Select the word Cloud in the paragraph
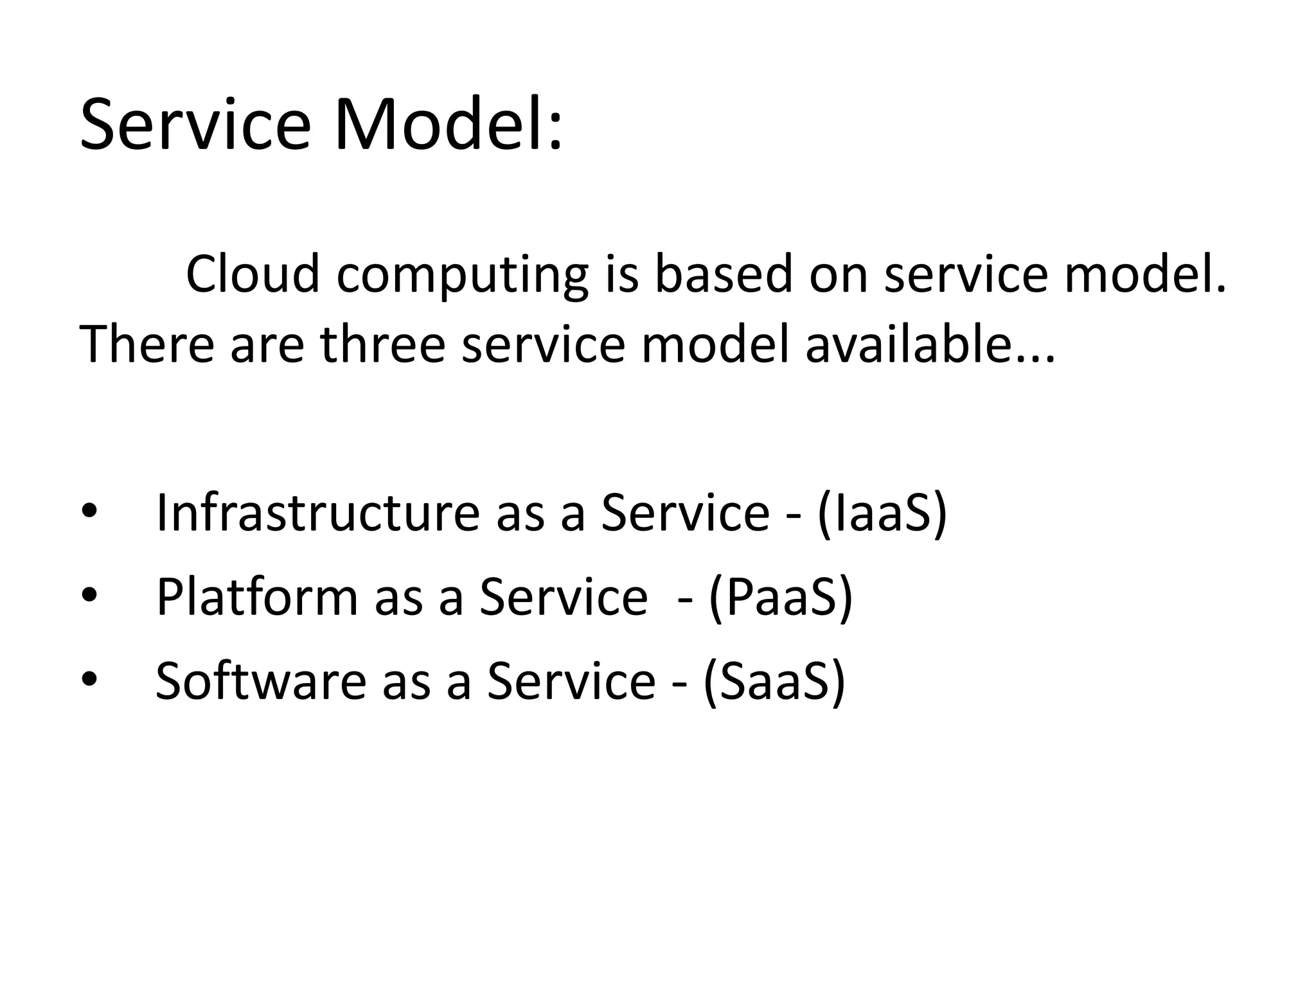tap(253, 274)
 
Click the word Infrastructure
tap(317, 512)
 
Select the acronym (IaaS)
tap(882, 512)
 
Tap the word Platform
tap(256, 597)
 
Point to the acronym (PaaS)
tap(781, 597)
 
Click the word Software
tap(261, 681)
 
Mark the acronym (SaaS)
tap(774, 681)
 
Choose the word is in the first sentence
tap(621, 274)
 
